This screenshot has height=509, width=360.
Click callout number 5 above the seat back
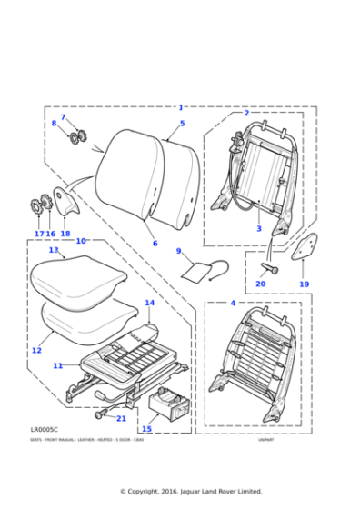(182, 123)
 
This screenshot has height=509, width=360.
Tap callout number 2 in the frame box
(246, 113)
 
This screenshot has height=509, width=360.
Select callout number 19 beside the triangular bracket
(305, 284)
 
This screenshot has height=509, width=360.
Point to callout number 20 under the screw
(260, 284)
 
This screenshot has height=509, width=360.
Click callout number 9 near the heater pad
(178, 251)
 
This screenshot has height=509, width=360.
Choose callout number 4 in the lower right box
(233, 302)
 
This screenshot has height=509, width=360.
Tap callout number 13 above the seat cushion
(54, 249)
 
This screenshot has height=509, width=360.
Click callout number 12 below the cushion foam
(36, 350)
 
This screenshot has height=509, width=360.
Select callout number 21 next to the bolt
(122, 418)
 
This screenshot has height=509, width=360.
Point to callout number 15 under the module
(146, 429)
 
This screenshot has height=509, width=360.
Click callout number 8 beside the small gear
(54, 124)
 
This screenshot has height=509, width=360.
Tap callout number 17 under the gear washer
(39, 234)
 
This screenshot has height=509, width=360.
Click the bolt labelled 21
(98, 415)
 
